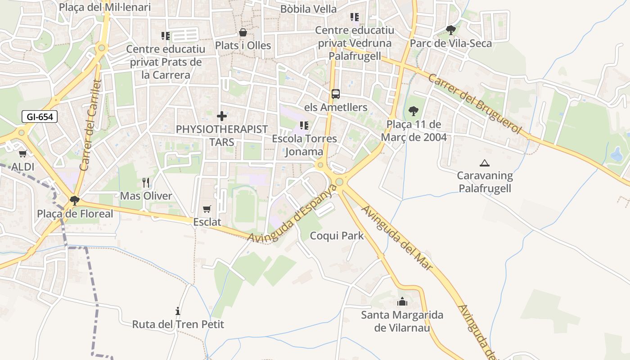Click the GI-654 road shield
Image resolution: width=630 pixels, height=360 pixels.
(40, 117)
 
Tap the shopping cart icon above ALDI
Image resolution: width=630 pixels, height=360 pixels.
(23, 153)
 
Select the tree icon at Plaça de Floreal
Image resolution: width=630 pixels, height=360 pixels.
(75, 200)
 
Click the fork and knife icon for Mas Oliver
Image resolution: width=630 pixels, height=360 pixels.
(146, 182)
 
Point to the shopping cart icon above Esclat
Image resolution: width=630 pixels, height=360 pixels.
(207, 209)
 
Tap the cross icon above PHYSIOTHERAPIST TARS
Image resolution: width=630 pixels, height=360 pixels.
(221, 116)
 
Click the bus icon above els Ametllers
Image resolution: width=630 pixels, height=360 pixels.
(336, 94)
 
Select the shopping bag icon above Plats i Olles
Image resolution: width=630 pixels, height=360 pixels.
(243, 32)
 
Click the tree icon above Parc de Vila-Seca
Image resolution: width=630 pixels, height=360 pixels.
(450, 30)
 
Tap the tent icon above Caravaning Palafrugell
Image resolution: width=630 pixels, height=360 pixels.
(485, 163)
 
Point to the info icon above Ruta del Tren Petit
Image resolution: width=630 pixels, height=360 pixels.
(178, 311)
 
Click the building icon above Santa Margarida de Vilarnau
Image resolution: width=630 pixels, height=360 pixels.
(402, 301)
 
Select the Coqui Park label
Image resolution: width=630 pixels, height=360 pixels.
(337, 235)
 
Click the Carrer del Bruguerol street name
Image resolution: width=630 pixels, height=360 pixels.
(474, 104)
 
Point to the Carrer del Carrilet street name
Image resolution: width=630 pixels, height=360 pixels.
(90, 125)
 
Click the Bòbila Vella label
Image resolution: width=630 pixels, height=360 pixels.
(308, 9)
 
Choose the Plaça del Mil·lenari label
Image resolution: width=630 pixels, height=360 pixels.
(105, 8)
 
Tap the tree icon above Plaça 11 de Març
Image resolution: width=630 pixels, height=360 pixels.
(413, 111)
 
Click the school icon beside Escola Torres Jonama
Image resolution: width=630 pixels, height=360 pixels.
(304, 126)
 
